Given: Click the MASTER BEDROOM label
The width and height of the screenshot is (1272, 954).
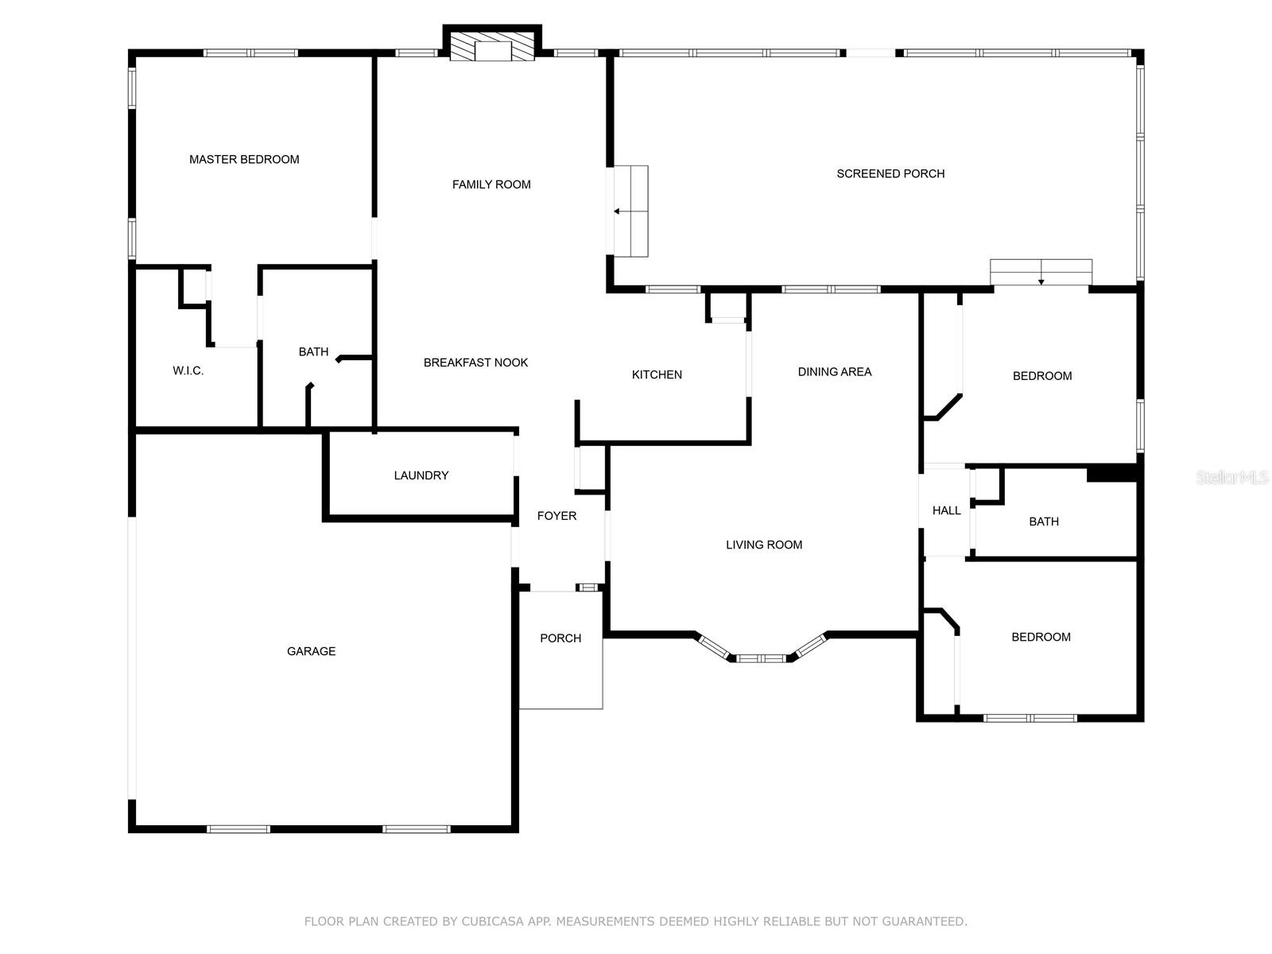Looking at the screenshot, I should pyautogui.click(x=244, y=159).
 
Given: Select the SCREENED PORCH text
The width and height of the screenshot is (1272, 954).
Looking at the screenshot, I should pyautogui.click(x=890, y=173).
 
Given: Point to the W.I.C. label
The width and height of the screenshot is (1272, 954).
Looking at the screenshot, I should pyautogui.click(x=188, y=370).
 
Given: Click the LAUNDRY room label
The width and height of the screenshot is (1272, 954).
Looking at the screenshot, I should pyautogui.click(x=421, y=475).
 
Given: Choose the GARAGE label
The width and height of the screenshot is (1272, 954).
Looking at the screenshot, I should pyautogui.click(x=311, y=651).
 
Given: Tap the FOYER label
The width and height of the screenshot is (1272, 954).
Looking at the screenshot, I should pyautogui.click(x=556, y=516).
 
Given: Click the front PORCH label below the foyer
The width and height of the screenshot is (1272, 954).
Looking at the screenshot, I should pyautogui.click(x=560, y=638).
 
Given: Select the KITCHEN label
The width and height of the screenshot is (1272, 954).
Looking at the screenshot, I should pyautogui.click(x=657, y=374).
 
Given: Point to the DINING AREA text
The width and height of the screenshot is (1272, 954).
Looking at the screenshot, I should pyautogui.click(x=835, y=371).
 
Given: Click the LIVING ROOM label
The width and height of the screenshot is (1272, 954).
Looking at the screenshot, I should pyautogui.click(x=764, y=545).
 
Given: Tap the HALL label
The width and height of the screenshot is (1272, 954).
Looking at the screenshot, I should pyautogui.click(x=946, y=510).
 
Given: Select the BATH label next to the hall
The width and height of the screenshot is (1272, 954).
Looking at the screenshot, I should pyautogui.click(x=1044, y=522).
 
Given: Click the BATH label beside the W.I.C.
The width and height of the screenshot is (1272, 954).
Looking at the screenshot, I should pyautogui.click(x=313, y=351).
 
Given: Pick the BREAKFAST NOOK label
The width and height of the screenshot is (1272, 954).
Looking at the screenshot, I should pyautogui.click(x=475, y=363).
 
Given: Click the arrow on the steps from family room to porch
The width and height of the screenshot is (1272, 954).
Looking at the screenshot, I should pyautogui.click(x=617, y=211).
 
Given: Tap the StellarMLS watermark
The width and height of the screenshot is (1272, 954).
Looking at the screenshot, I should pyautogui.click(x=1232, y=478).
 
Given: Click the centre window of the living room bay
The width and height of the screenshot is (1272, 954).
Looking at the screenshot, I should pyautogui.click(x=762, y=658).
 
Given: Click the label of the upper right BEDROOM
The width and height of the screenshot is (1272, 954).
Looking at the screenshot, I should pyautogui.click(x=1042, y=376).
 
